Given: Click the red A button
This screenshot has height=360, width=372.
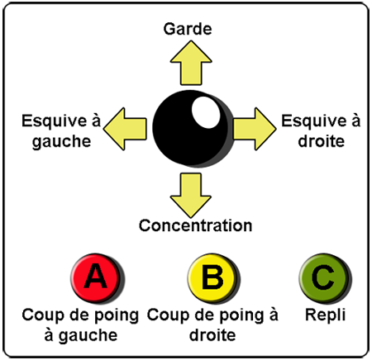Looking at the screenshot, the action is (97, 278).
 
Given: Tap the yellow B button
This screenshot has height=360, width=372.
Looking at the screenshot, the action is (213, 278).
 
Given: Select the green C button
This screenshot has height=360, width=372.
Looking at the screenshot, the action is (325, 278).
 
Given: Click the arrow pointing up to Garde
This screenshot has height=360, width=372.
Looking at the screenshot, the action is (191, 63).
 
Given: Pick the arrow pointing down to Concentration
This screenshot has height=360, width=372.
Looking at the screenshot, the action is (191, 195).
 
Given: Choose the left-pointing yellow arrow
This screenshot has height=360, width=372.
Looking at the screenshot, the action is (125, 129).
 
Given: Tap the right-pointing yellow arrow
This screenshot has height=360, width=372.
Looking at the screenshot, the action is (255, 129).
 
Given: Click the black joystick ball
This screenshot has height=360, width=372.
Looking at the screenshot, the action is (193, 129).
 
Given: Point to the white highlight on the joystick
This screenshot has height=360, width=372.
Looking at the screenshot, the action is (206, 112).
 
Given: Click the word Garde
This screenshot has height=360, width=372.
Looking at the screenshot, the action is (188, 29).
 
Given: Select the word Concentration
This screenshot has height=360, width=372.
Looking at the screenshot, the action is (195, 225).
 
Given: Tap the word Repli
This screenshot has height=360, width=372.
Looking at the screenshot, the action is (325, 315).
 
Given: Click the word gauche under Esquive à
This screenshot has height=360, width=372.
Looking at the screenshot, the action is (61, 142).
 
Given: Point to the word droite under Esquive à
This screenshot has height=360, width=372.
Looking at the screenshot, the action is (322, 141).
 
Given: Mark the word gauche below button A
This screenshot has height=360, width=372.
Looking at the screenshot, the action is (88, 336).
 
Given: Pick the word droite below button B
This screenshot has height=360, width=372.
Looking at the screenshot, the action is (212, 335).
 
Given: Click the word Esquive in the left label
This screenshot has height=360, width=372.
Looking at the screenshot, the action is (54, 121).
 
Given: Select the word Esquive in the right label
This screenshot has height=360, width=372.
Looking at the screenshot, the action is (313, 121).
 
